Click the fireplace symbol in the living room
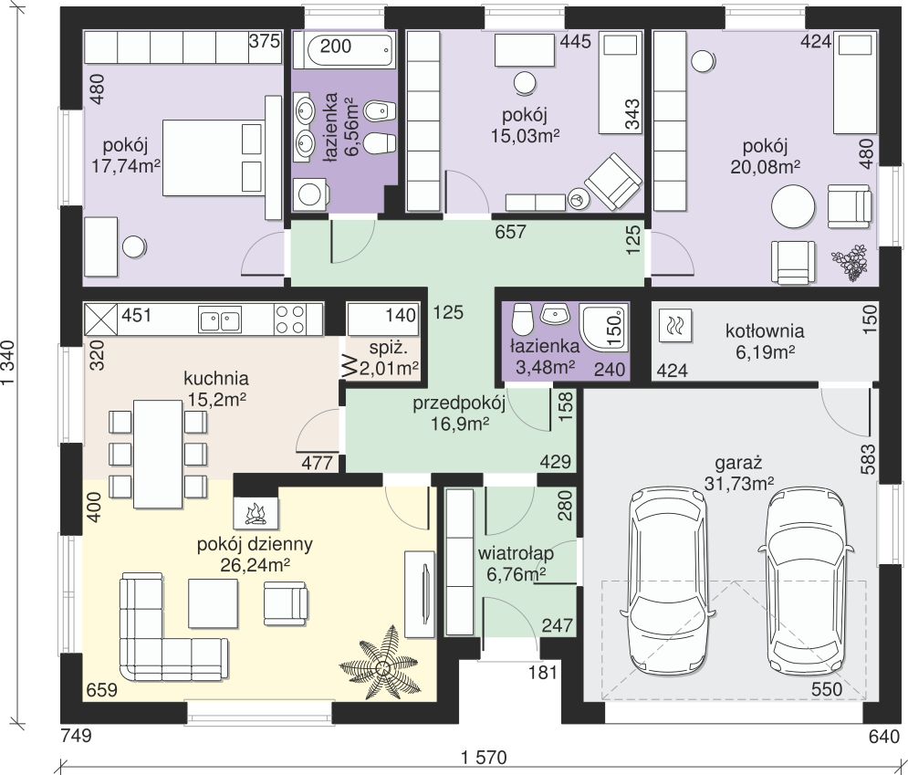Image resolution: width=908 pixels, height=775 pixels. pos(256,513)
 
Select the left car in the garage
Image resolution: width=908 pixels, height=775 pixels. pos(668,581)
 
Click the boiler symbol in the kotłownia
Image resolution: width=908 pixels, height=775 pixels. pos(675,327)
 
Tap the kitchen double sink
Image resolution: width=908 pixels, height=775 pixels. pos(220,319)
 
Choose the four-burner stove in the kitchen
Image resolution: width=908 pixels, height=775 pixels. pos(291,319)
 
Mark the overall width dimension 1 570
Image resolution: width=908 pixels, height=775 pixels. pos(484,757)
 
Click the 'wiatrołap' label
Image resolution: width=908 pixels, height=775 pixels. pos(516,553)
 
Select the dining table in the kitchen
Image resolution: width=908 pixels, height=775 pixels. pos(158,454)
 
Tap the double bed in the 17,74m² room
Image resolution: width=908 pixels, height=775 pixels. pos(214,158)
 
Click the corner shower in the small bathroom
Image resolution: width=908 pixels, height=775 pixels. pos(604,329)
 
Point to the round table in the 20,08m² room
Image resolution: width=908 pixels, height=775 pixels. pos(793,207)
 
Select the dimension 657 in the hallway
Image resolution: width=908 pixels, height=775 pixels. pos(510,232)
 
